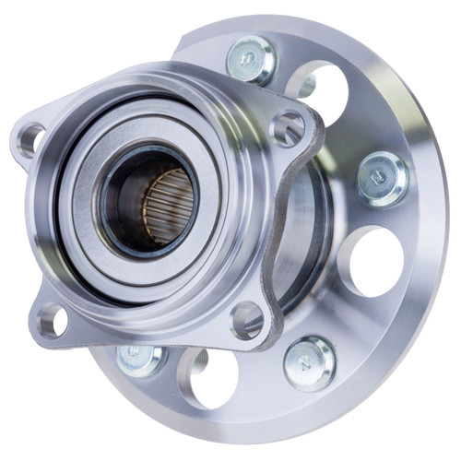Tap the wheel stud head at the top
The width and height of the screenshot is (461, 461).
point(250,60)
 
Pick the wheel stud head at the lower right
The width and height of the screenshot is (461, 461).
point(310,361)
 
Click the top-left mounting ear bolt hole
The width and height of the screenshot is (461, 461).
point(31,141)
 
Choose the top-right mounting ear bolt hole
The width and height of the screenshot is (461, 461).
point(289,128)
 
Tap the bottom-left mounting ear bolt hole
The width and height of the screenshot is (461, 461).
point(53,320)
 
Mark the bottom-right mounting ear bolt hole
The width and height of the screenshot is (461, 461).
point(247,319)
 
